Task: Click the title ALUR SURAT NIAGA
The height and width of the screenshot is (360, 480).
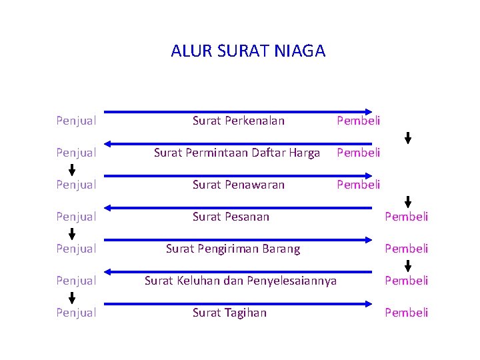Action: pos(248,51)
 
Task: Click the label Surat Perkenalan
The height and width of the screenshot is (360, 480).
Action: pos(238,121)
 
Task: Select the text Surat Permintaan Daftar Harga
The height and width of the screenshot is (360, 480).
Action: pos(237,153)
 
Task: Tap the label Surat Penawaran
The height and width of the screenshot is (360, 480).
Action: pos(238,185)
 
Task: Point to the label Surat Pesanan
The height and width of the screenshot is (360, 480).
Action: pos(231,217)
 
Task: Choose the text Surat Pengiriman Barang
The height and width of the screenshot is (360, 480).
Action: pos(233,249)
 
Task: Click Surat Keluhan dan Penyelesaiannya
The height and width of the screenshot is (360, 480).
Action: pos(241,281)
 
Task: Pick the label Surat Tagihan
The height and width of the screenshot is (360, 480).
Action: pos(229,313)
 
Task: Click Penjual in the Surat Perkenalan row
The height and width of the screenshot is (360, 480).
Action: pos(77,121)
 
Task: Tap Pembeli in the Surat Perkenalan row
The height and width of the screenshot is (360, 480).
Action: pos(359,121)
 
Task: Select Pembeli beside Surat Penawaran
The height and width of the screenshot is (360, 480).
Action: pos(359,185)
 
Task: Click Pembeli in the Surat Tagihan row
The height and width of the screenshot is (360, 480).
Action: pos(407,313)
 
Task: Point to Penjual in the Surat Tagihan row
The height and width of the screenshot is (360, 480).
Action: pos(77,313)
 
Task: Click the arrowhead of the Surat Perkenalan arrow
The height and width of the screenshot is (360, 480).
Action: pos(369,111)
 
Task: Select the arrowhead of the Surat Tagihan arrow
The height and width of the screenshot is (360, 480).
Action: pos(369,303)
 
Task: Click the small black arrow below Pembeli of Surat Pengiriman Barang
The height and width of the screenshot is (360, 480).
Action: pos(408,264)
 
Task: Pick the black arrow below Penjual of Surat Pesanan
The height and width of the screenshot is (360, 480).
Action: pos(72,233)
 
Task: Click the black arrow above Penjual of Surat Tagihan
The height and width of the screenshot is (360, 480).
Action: pos(72,297)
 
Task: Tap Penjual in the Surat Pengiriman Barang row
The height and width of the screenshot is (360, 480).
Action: pos(77,249)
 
